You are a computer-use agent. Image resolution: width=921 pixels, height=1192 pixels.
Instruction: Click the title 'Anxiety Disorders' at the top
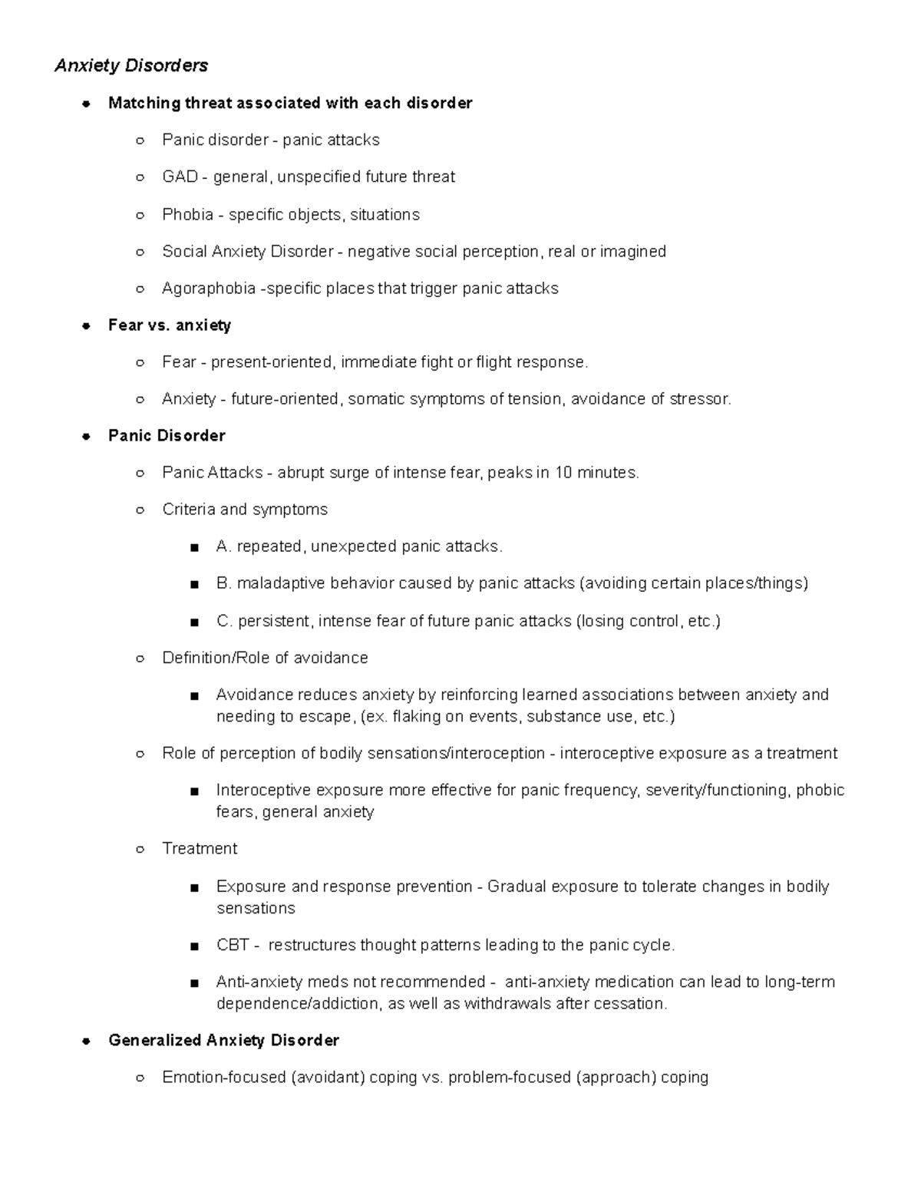tap(131, 66)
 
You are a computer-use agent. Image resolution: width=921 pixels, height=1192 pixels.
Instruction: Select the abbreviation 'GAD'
tap(180, 177)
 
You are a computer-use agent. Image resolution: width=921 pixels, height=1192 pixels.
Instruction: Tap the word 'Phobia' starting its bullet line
tap(187, 215)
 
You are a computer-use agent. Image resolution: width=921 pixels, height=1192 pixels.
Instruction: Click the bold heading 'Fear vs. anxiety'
tap(170, 325)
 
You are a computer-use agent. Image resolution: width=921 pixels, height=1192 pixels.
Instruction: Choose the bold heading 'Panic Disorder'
tap(167, 436)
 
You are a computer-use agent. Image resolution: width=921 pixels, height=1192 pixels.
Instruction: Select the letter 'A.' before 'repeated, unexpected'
tap(224, 546)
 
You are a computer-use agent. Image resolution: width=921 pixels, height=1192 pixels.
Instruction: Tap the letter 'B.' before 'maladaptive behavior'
tap(224, 583)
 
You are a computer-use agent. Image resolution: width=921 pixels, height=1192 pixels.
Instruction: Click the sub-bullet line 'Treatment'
tap(200, 849)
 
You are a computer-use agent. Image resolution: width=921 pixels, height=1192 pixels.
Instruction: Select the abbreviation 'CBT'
tap(233, 946)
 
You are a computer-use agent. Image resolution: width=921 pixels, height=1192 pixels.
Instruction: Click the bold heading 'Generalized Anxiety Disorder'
tap(223, 1041)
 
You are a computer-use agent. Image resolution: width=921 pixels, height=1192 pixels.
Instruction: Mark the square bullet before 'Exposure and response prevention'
tap(194, 888)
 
